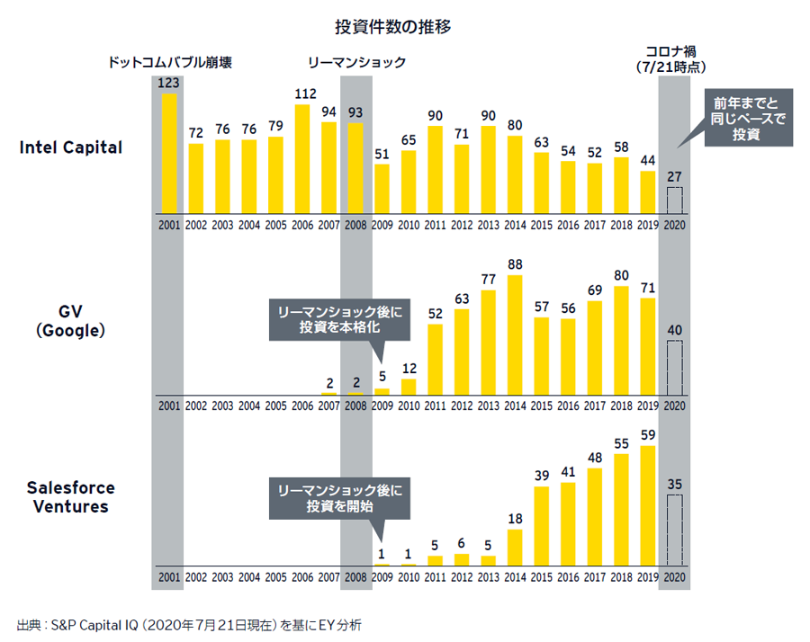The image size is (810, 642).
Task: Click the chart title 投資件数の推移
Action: click(404, 26)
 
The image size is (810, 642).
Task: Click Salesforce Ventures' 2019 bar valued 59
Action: click(647, 505)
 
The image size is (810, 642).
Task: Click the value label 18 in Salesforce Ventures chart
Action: click(515, 518)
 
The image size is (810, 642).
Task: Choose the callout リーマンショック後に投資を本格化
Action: click(340, 320)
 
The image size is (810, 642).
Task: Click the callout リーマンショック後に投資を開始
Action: click(340, 498)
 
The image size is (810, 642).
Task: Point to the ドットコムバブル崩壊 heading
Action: click(170, 64)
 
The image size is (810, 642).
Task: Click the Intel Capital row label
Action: click(70, 147)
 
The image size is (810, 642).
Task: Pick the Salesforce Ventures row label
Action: click(70, 497)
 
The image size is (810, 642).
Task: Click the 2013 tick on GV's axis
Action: click(488, 406)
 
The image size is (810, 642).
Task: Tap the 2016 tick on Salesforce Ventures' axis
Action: click(568, 576)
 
